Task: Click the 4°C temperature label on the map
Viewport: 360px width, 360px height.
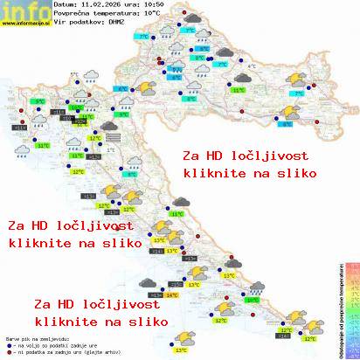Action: pos(252,66)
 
